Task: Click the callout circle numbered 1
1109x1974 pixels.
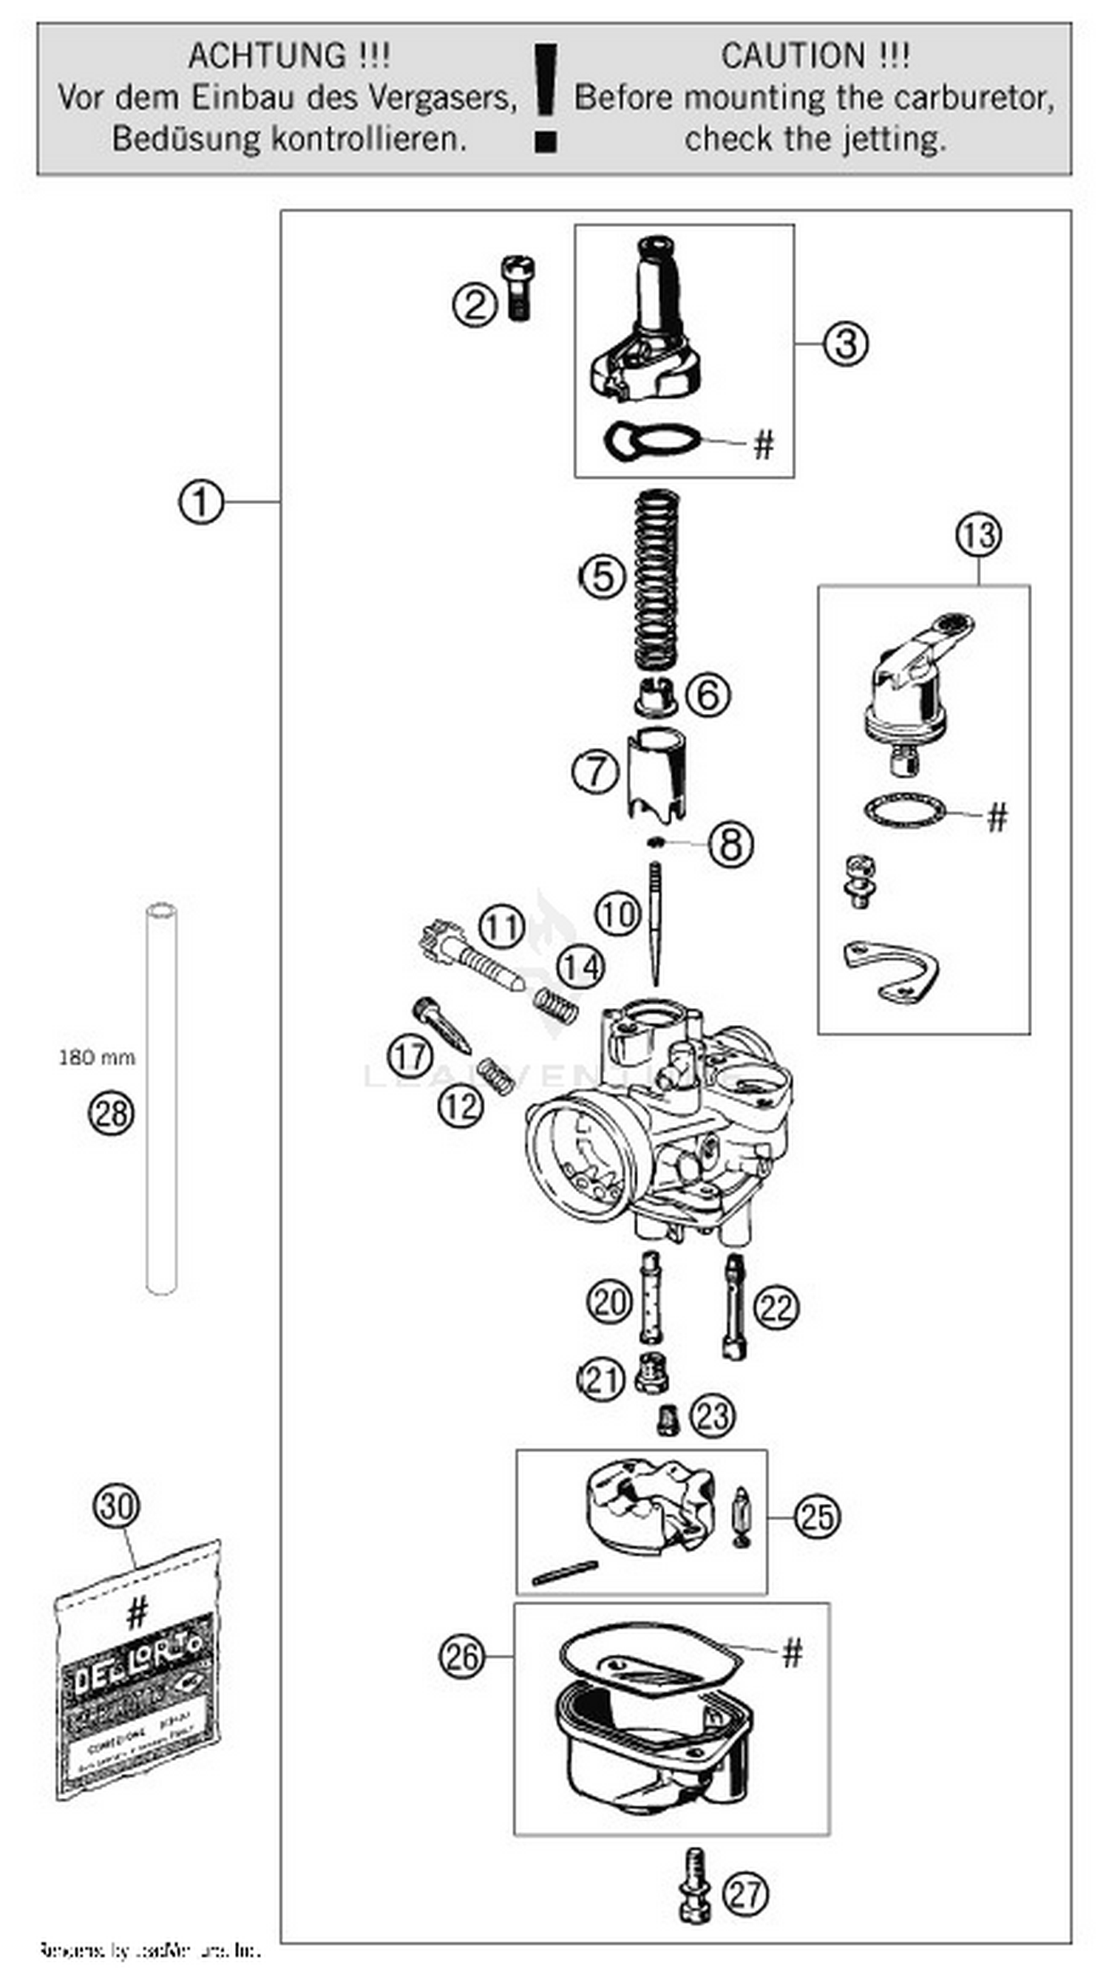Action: click(201, 503)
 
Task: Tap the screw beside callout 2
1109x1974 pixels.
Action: click(518, 288)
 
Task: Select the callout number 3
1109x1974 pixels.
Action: click(846, 344)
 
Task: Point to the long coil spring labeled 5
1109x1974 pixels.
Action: click(656, 579)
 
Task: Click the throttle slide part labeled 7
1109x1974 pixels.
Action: click(656, 774)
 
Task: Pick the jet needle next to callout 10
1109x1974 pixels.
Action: click(655, 923)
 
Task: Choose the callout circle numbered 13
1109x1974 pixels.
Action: click(979, 535)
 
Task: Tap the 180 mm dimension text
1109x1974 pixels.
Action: click(97, 1058)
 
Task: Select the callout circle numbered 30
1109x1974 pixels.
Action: click(117, 1508)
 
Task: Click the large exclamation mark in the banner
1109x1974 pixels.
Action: click(546, 98)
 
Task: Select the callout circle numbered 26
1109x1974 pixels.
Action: click(462, 1658)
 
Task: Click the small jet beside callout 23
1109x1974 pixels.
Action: click(668, 1419)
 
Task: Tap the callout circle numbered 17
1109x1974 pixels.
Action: click(410, 1056)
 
